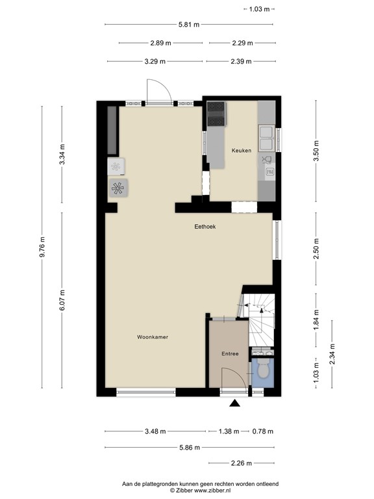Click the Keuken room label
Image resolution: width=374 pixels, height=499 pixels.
coord(242,150)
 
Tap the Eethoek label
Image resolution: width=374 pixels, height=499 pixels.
coord(205,226)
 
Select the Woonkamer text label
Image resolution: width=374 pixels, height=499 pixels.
coord(153,337)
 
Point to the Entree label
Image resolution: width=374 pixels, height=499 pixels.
coord(230,353)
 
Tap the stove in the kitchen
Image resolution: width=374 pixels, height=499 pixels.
coord(216,114)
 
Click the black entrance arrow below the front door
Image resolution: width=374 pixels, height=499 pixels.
coord(234,404)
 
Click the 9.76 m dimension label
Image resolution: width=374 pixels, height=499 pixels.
coord(42,248)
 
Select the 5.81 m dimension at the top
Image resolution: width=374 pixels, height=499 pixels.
coord(189,25)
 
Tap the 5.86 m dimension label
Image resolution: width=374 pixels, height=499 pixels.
coord(189,447)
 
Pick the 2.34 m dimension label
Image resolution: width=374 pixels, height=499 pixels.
coord(332,355)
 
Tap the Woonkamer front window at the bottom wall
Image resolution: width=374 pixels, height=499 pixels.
coord(145,392)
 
